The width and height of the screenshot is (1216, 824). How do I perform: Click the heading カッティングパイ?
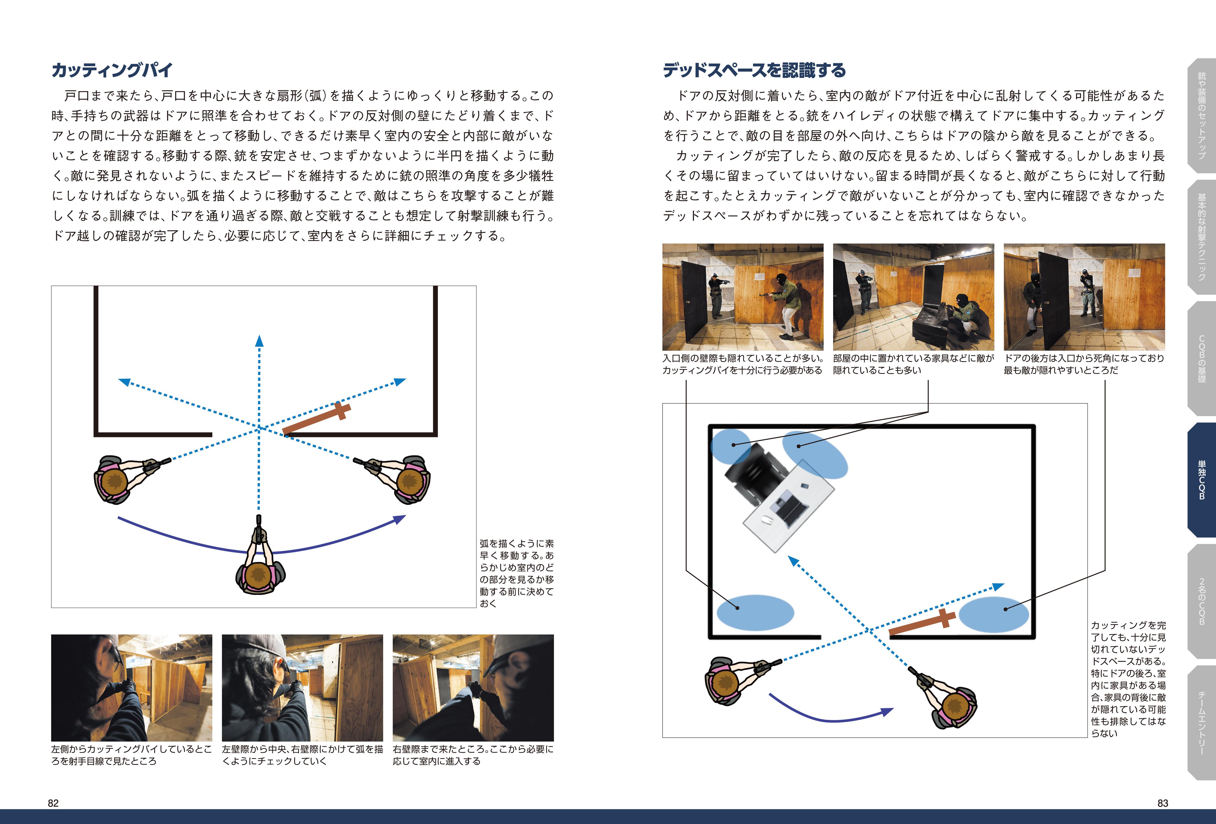(x=112, y=70)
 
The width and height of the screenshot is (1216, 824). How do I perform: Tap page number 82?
(x=53, y=803)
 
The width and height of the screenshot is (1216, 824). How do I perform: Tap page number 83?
(x=1163, y=803)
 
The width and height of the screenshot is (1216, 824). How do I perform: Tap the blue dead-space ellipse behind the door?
(x=993, y=614)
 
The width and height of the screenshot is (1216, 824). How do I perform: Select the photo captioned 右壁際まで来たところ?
(x=473, y=687)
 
